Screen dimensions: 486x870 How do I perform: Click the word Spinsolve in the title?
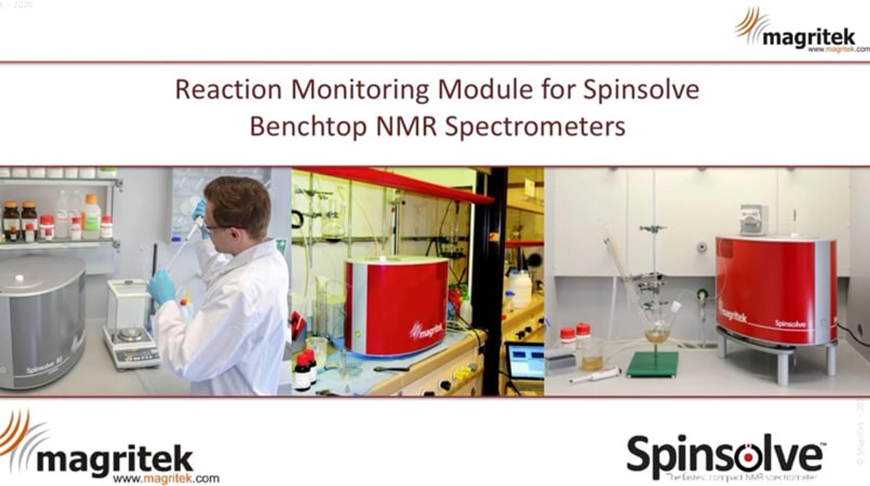641,90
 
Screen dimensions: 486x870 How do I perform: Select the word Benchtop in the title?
308,126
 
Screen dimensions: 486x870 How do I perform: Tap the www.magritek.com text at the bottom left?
166,478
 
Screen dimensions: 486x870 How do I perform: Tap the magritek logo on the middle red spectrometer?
426,331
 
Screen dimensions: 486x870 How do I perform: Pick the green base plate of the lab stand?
652,364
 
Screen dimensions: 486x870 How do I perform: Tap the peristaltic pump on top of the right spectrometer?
754,220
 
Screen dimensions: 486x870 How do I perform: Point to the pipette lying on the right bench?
594,375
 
